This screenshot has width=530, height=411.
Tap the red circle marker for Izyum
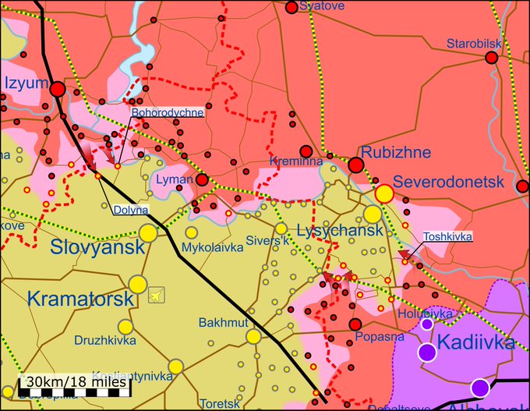pos(58,90)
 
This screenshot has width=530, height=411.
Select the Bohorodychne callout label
pos(168,112)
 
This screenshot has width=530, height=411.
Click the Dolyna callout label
pos(131,210)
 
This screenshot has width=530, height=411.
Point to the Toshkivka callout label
pos(447,236)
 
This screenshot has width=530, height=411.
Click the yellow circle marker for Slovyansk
pos(148,232)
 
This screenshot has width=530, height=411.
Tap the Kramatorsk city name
pos(76,298)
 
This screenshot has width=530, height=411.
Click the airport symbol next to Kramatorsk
pos(157,295)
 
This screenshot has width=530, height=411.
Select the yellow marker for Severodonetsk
pos(383,193)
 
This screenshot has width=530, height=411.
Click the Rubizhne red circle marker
pos(356,165)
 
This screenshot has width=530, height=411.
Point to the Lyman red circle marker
pos(202,180)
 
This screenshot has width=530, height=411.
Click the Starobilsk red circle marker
pos(492,58)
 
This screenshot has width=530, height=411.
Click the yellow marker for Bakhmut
pos(253,336)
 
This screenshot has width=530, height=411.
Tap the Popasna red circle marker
pos(355,324)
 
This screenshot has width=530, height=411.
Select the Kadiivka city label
pos(475,342)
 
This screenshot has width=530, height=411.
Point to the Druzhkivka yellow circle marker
pos(125,326)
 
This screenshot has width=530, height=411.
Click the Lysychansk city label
pos(340,231)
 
